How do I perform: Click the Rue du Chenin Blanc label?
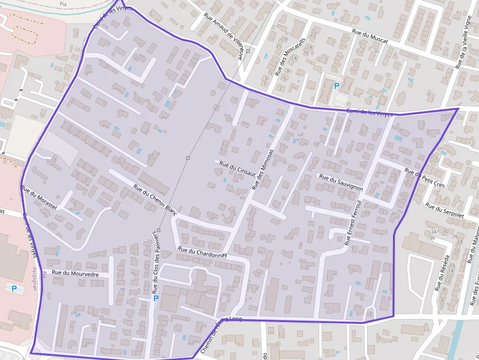tap(155, 199)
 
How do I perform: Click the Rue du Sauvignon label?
tap(341, 181)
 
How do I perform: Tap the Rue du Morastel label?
tap(40, 199)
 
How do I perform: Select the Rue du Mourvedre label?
tap(75, 274)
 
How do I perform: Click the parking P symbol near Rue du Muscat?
tap(336, 86)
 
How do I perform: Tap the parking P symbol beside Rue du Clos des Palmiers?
tap(156, 298)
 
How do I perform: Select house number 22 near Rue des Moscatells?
tap(313, 34)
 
